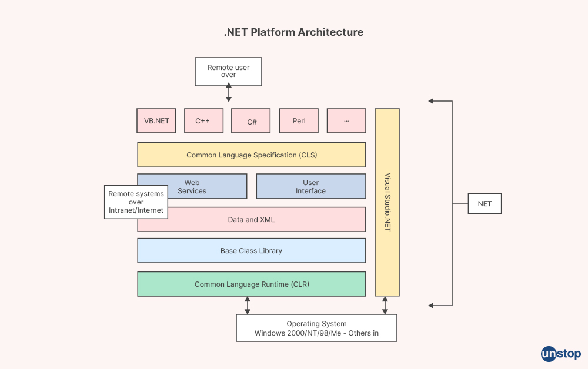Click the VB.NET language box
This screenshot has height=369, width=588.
click(x=156, y=121)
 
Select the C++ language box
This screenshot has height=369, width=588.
click(x=203, y=121)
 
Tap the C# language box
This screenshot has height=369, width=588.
click(x=251, y=121)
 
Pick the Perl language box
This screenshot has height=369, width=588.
click(x=299, y=121)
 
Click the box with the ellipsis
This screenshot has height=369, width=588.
click(x=346, y=121)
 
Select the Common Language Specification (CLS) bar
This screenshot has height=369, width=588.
click(x=252, y=155)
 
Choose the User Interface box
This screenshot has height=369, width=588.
click(x=310, y=187)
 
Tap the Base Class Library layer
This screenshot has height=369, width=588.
click(x=252, y=251)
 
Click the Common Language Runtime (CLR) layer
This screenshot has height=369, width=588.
click(x=252, y=284)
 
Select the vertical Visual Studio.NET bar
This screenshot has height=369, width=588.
click(x=387, y=202)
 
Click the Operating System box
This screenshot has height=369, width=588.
click(x=316, y=328)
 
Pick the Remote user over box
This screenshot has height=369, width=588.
click(x=228, y=72)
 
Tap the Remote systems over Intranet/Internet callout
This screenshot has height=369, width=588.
click(x=136, y=202)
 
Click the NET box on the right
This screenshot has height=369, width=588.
click(x=485, y=204)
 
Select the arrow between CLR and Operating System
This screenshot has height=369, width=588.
click(x=248, y=305)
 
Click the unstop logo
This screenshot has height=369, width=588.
click(x=560, y=354)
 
